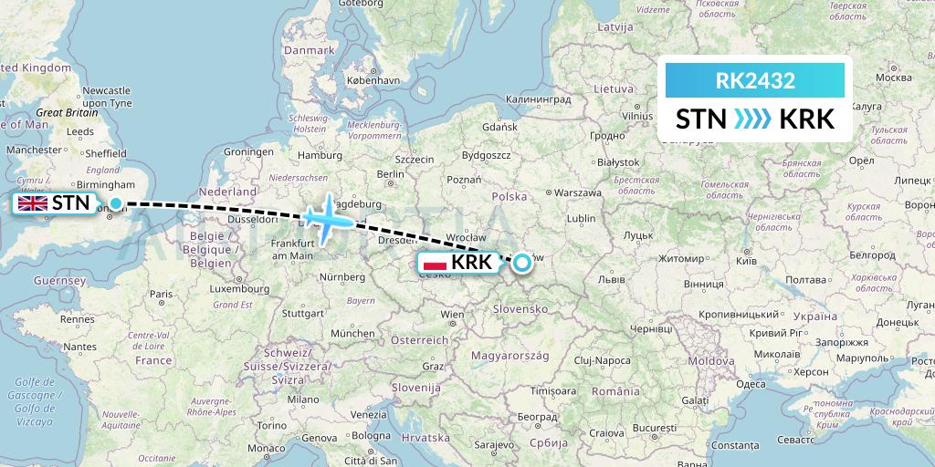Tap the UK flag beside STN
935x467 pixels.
pos(34,203)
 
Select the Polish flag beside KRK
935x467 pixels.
pos(436,263)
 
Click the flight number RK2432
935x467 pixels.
pos(754,80)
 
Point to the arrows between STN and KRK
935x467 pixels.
pos(753,119)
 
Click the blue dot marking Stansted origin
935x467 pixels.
pos(116,202)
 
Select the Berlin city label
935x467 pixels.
pos(390,174)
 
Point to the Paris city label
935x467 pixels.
pos(162,294)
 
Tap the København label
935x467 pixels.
pos(373,80)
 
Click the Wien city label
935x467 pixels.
pos(452,315)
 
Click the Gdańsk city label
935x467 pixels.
pos(501,128)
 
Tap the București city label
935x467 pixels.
pos(637,427)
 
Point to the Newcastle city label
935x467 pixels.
pos(106,91)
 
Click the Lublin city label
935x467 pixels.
pos(581,219)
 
